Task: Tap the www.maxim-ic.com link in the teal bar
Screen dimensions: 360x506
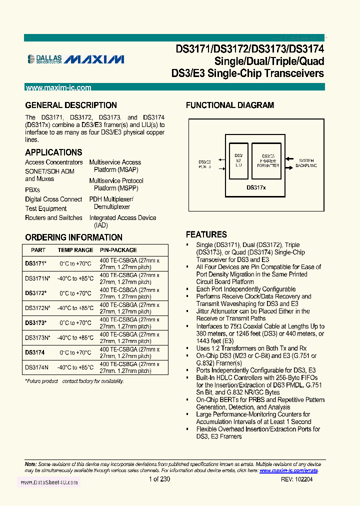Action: coord(58,88)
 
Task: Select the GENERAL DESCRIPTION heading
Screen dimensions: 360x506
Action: coord(71,105)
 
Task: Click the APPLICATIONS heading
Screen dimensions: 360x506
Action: coord(53,152)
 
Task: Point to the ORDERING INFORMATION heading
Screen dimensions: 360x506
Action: coord(73,237)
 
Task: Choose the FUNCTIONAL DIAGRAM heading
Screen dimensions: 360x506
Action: coord(229,105)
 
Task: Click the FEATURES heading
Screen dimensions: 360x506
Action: coord(206,234)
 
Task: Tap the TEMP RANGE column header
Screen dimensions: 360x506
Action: coord(75,250)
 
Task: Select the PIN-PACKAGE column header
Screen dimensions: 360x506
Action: coord(118,250)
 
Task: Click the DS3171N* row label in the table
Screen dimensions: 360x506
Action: coord(37,278)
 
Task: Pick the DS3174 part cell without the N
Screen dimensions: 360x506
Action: coord(34,352)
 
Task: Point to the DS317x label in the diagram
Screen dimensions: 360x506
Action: coord(256,187)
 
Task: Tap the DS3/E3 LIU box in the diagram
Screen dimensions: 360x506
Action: coord(238,161)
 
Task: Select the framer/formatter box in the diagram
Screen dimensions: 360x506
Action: coord(268,161)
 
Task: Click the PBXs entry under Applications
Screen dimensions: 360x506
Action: coord(32,190)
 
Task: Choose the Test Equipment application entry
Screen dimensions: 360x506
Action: coord(45,208)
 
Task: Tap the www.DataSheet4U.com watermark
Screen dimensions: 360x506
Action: coord(48,482)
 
